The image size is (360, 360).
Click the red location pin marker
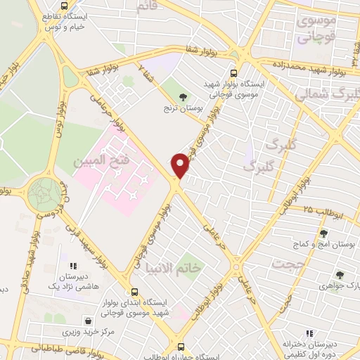181,166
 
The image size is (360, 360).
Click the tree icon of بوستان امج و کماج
323,234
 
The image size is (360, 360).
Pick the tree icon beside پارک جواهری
340,275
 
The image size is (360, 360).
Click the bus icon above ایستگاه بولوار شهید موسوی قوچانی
234,72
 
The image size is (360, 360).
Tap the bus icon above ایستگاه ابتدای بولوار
134,292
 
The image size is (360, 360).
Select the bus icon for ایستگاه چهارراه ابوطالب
181,347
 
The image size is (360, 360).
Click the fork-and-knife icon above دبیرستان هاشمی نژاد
73,266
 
